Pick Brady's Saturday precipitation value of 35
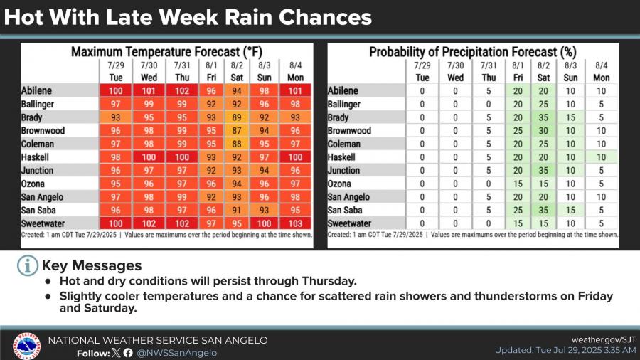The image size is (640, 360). (x=544, y=117)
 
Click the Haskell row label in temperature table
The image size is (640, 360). (x=38, y=157)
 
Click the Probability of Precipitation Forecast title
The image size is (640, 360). (x=472, y=52)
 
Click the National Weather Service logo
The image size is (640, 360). (x=26, y=346)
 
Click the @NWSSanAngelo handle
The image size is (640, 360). (x=177, y=353)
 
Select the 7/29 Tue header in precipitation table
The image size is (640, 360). (x=422, y=71)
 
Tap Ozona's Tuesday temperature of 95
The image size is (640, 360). (x=115, y=184)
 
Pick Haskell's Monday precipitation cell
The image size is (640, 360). (x=601, y=157)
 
